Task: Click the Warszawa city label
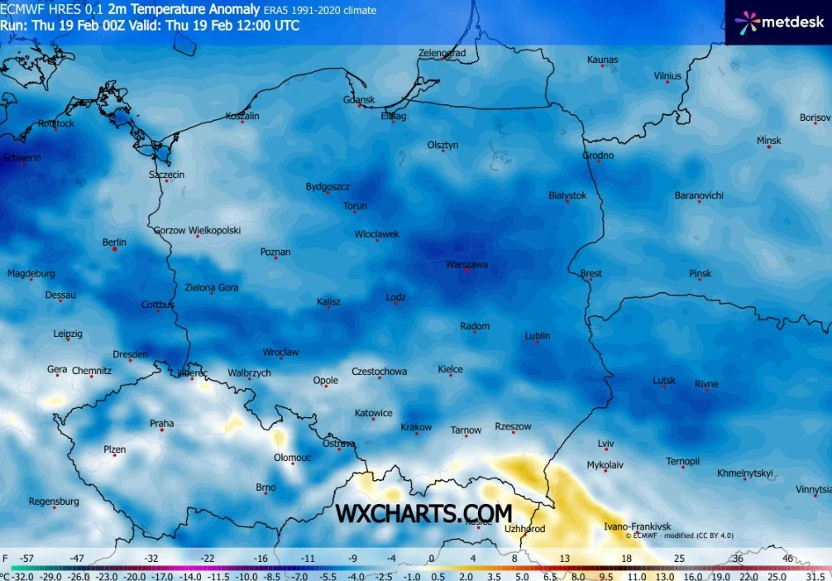point(467,264)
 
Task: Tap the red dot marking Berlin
point(114,250)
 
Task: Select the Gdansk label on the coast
point(359,99)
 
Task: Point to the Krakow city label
point(416,427)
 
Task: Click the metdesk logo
point(768,22)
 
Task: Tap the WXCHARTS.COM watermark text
point(423,514)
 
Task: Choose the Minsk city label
point(769,141)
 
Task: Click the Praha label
point(161,423)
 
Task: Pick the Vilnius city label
point(667,76)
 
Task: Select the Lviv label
point(606,444)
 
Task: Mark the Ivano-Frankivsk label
point(637,526)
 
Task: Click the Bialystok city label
point(567,195)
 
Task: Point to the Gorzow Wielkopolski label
point(197,230)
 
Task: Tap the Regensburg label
point(54,501)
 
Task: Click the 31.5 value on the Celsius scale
point(816,575)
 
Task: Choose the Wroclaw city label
point(280,352)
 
